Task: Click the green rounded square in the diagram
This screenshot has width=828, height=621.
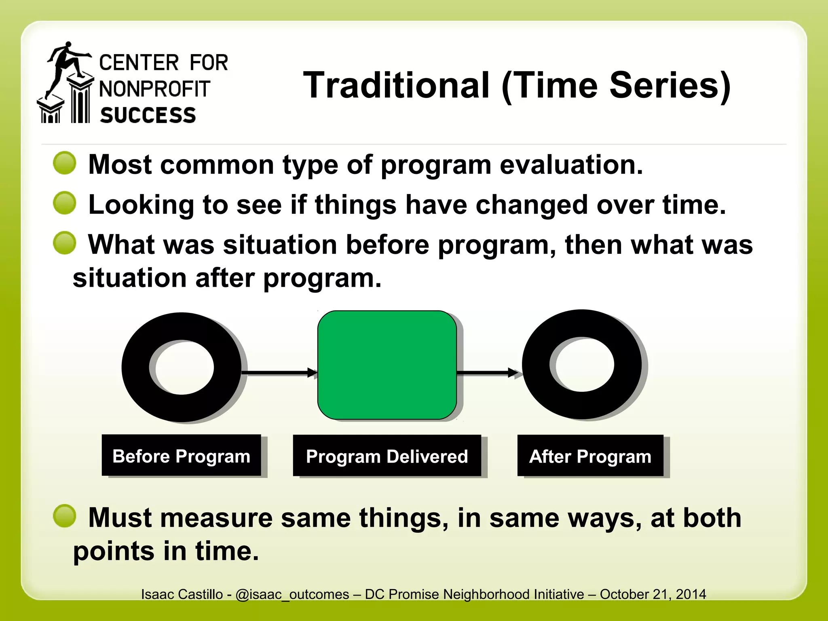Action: (x=387, y=365)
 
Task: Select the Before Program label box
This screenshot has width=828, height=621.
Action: (x=181, y=456)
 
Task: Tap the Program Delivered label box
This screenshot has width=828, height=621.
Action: (x=387, y=456)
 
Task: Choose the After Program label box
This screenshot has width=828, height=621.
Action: (x=590, y=456)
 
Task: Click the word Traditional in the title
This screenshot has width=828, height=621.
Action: (x=396, y=85)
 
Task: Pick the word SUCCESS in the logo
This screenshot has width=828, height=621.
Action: (x=148, y=115)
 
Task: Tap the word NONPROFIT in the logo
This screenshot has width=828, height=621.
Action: (x=154, y=89)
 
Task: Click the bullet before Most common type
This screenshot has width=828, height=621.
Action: (x=65, y=163)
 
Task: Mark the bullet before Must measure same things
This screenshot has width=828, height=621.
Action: (x=65, y=516)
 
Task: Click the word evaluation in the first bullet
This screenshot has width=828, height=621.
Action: (x=571, y=165)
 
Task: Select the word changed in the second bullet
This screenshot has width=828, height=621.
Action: (x=531, y=205)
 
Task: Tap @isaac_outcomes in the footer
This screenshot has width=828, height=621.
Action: (x=292, y=594)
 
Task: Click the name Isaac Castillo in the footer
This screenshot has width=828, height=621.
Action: (x=182, y=594)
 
